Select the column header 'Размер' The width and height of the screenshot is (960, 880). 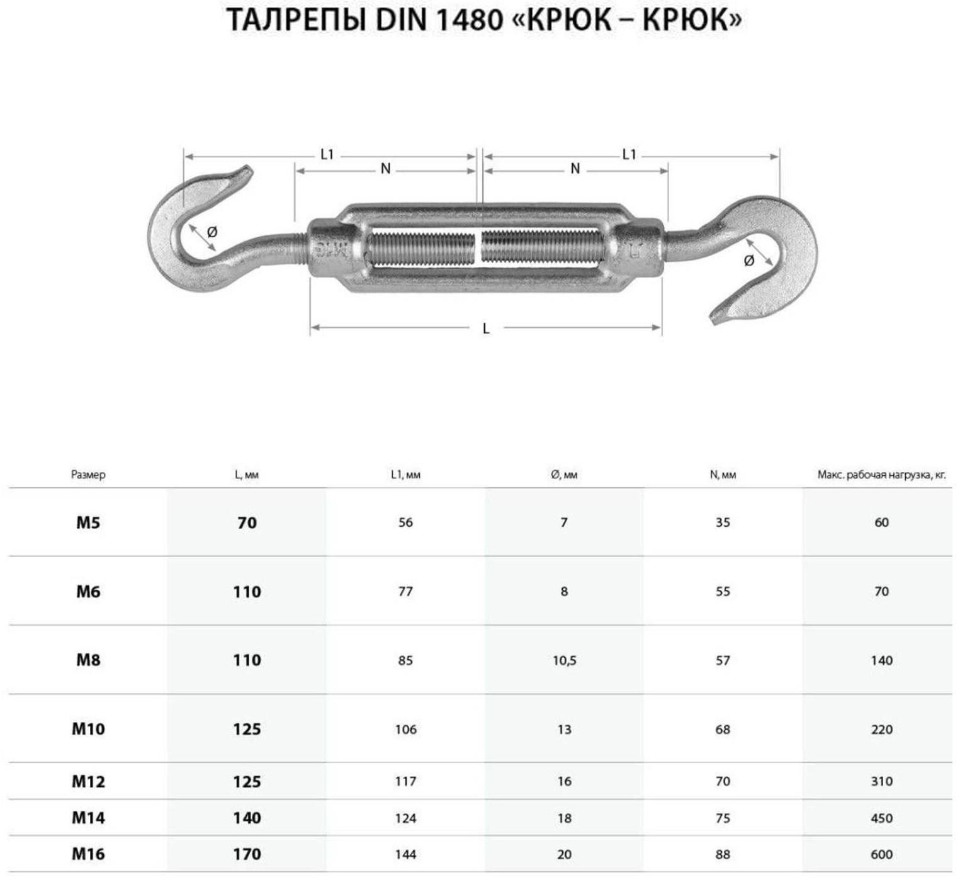click(88, 475)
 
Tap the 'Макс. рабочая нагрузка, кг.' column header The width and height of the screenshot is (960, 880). click(881, 475)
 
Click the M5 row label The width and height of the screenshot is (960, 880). click(88, 522)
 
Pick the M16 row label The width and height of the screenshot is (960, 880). click(88, 854)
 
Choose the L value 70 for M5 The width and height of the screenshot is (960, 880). click(247, 522)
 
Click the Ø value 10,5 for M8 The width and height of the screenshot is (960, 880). click(564, 660)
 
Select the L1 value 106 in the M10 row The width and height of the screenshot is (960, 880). click(405, 730)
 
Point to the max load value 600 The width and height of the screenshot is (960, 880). click(881, 854)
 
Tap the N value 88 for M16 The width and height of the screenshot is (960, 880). click(723, 854)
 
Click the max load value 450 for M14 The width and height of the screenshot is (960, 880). click(881, 818)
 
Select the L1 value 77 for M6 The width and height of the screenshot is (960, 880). click(405, 592)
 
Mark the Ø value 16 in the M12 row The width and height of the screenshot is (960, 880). click(564, 781)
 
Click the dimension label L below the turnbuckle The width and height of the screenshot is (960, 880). click(486, 329)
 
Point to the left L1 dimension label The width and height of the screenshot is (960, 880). click(327, 154)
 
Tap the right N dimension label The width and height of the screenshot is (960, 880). click(575, 169)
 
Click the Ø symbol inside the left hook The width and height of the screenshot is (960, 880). click(212, 232)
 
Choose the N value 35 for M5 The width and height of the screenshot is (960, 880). click(723, 522)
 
